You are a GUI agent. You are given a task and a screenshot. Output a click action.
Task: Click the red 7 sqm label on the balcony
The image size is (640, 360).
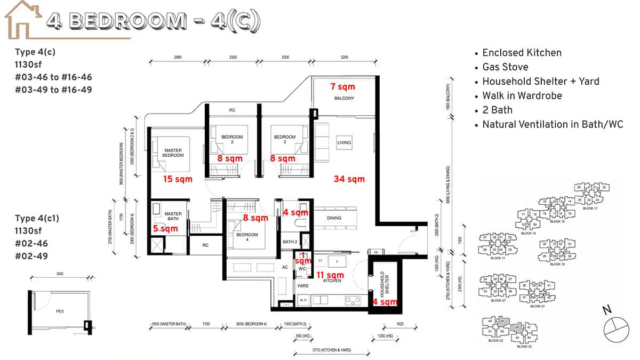[342, 86]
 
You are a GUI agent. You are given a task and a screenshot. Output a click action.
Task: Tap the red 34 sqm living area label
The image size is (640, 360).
[349, 179]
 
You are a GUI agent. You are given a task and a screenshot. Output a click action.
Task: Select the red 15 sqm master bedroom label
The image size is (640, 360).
[178, 179]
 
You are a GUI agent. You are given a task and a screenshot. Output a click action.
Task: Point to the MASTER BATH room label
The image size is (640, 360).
[173, 217]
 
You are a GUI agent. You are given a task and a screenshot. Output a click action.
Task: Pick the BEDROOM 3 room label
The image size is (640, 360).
[284, 139]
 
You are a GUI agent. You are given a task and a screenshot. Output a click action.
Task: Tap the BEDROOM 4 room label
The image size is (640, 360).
[247, 235]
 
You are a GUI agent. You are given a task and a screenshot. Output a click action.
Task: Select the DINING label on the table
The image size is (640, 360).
[334, 218]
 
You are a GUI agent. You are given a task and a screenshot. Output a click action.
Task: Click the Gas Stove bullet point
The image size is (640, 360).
[505, 67]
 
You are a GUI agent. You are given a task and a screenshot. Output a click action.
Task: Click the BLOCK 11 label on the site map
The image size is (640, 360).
[497, 258]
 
